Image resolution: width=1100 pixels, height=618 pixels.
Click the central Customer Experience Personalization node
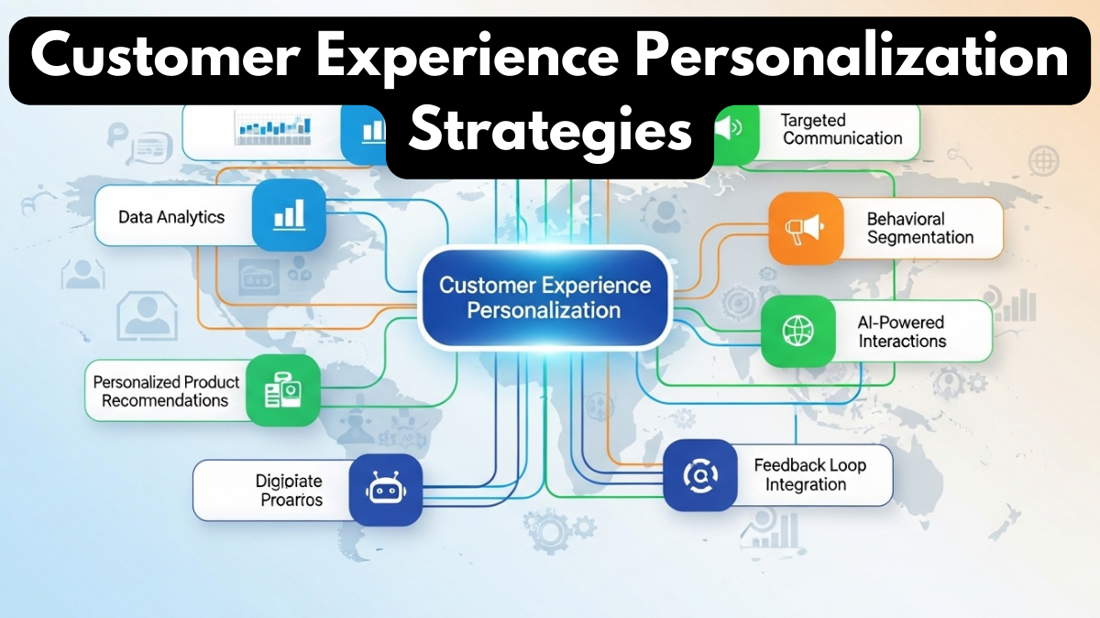coord(545,297)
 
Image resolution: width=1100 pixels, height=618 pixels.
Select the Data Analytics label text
coord(171,217)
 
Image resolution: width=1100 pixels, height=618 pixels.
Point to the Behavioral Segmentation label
coord(920,228)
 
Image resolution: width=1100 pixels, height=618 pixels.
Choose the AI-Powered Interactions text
coord(902,331)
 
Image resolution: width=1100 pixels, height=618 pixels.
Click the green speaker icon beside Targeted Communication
coord(730,129)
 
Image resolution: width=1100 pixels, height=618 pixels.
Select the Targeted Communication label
coord(842,129)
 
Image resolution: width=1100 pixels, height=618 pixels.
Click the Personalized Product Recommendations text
coord(166,391)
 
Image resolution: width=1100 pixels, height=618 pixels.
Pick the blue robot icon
coord(385,490)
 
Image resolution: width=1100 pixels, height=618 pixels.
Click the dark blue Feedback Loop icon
coord(700,474)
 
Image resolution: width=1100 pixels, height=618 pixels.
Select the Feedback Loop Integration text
coord(809,474)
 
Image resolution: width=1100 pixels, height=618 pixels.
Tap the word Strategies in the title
coord(550,133)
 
